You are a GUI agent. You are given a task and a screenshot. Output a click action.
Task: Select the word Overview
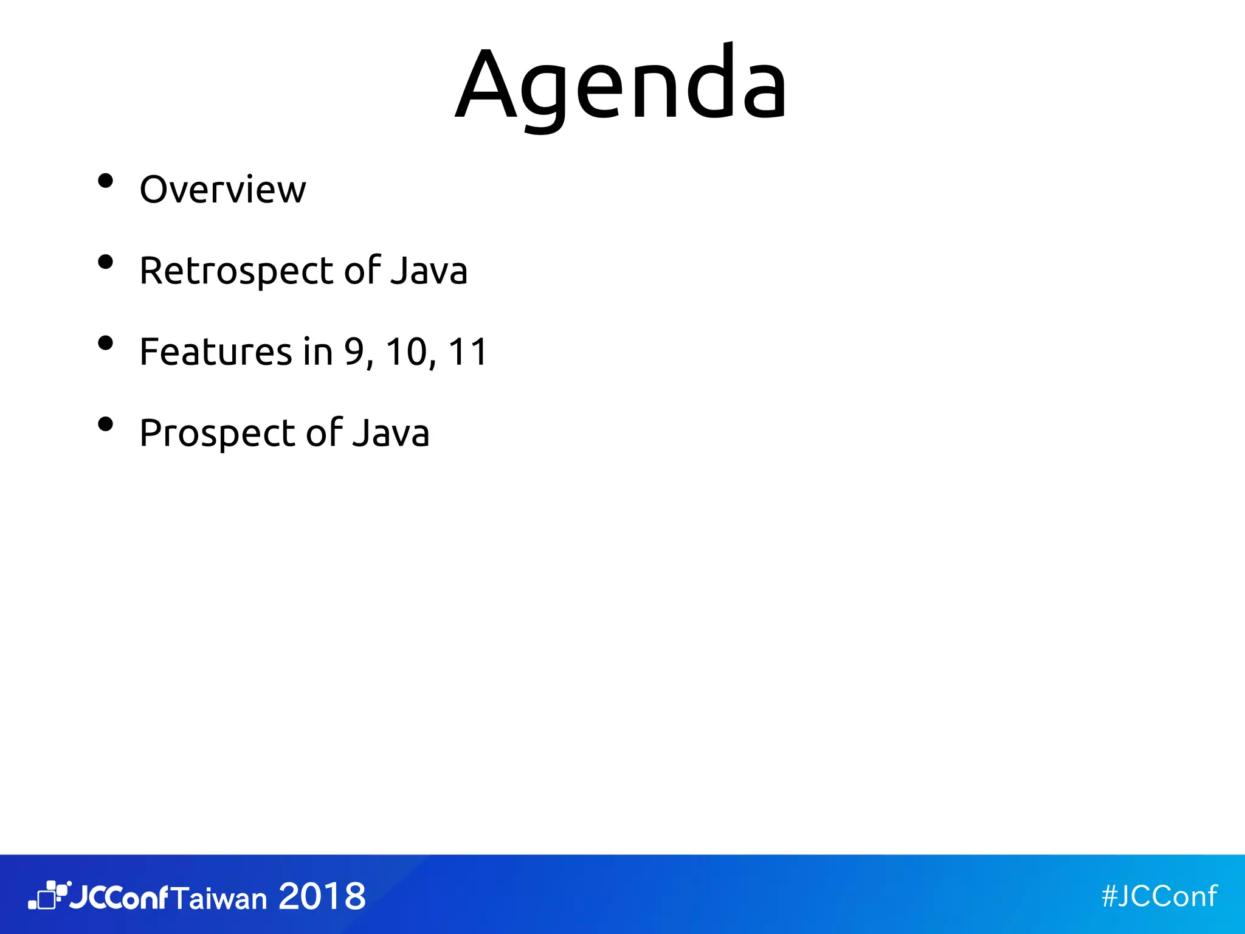coord(222,190)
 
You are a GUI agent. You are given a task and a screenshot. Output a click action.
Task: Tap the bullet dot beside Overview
coord(106,181)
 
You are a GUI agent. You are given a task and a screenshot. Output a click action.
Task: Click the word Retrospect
coord(236,271)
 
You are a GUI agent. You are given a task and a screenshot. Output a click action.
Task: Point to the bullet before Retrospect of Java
coord(106,262)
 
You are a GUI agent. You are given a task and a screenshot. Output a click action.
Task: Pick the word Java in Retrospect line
coord(429,271)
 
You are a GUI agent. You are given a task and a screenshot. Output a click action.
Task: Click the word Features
coord(216,351)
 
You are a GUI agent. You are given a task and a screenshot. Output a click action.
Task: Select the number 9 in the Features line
coord(354,351)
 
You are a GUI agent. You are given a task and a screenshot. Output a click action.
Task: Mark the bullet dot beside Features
coord(106,343)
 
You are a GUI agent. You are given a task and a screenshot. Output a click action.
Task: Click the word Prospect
coord(217,434)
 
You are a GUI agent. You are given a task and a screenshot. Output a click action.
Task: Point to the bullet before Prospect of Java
coord(106,424)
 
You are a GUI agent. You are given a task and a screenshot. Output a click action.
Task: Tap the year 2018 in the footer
coord(322,896)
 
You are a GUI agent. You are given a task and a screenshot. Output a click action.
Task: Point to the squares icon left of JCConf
coord(49,895)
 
